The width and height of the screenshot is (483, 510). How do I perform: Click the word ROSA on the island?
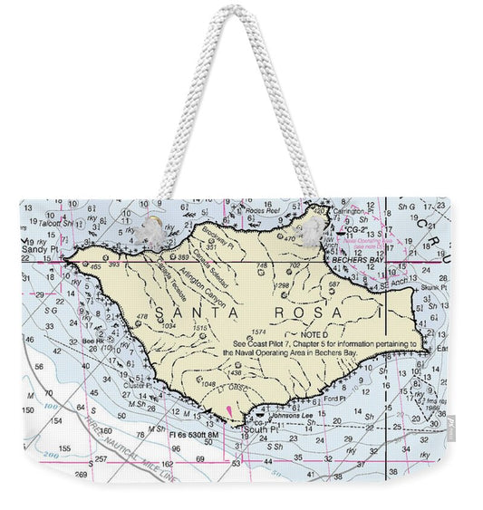(x=305, y=313)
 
